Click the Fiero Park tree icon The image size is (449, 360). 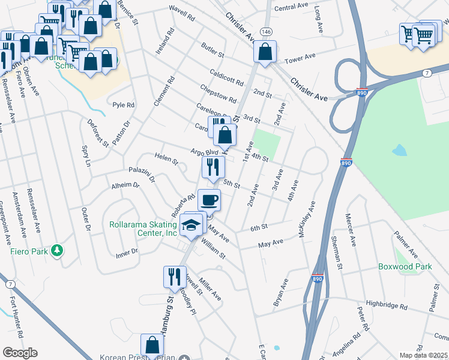(x=57, y=251)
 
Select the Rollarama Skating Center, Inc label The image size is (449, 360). (x=143, y=229)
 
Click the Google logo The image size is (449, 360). (x=20, y=353)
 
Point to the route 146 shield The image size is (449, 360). (x=264, y=31)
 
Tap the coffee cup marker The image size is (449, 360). (x=209, y=200)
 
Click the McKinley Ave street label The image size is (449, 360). (x=310, y=219)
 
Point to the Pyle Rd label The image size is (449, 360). (x=124, y=104)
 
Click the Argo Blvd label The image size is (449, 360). (x=203, y=153)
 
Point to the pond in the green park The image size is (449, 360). (x=399, y=150)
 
